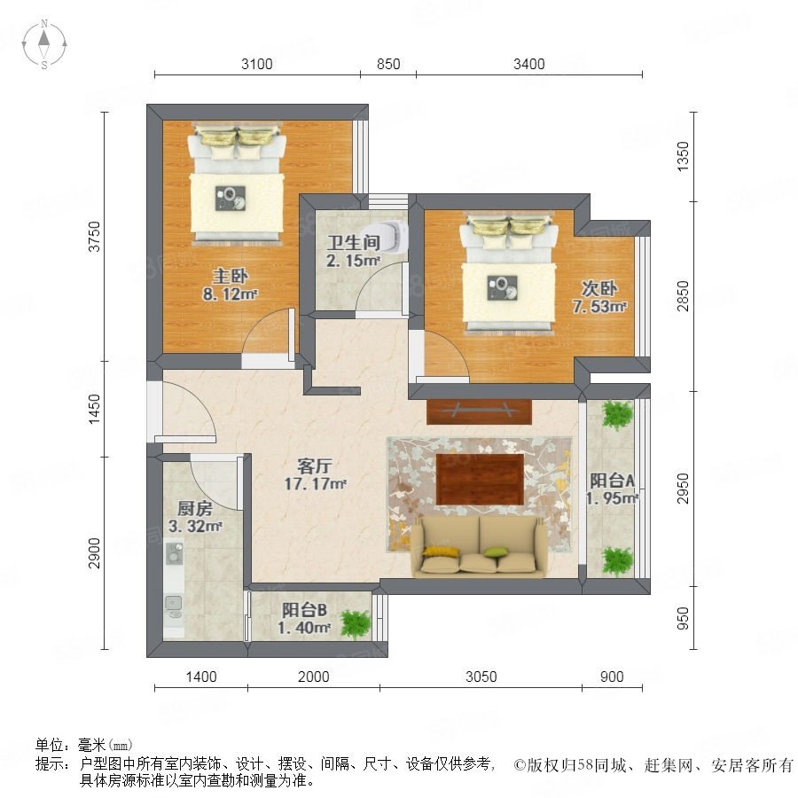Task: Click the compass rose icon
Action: tap(44, 44)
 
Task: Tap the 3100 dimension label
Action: tap(257, 64)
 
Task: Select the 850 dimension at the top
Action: tap(388, 64)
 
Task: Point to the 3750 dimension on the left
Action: tap(95, 236)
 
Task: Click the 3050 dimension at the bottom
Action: tap(481, 677)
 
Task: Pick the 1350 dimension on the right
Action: tap(683, 156)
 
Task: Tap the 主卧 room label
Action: tap(230, 277)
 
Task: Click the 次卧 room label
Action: tap(599, 288)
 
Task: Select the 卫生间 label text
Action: tap(353, 242)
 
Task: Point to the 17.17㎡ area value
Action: tap(316, 483)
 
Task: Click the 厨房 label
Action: tap(195, 508)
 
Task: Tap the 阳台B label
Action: tap(304, 610)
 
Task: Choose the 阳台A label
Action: tap(612, 481)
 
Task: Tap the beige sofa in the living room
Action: tap(479, 547)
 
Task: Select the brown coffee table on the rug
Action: tap(480, 480)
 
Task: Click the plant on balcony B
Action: tap(356, 623)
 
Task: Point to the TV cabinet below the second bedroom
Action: tap(479, 411)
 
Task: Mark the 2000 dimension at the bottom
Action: tap(314, 677)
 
